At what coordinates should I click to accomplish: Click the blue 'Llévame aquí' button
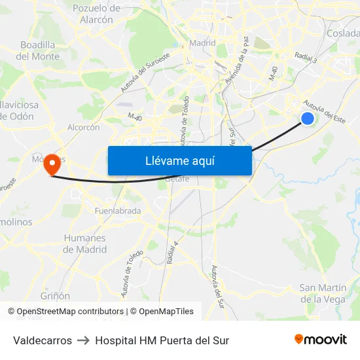(179, 160)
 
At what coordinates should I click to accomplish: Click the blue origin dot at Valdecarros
(308, 118)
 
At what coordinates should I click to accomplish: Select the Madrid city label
(202, 43)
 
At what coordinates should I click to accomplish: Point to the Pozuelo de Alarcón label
(96, 14)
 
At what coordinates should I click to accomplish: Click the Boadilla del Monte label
(37, 50)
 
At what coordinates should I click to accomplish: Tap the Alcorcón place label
(83, 128)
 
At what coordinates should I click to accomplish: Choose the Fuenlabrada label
(118, 211)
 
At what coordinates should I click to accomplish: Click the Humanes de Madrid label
(84, 243)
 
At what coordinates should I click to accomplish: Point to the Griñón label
(55, 296)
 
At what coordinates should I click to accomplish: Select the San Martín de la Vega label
(322, 293)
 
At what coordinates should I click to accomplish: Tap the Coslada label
(343, 33)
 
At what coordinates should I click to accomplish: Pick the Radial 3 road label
(306, 58)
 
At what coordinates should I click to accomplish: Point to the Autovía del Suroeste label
(145, 72)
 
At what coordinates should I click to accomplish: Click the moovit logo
(321, 339)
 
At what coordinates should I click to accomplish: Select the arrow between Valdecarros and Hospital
(83, 340)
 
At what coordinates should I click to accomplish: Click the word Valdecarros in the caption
(43, 340)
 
